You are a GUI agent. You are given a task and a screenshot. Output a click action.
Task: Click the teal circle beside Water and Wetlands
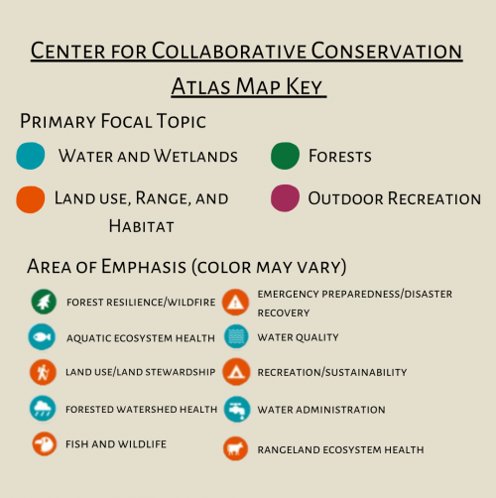coord(30,157)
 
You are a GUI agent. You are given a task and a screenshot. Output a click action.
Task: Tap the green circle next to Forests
coord(284,157)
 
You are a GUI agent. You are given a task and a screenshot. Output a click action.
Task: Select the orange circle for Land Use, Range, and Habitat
coord(30,199)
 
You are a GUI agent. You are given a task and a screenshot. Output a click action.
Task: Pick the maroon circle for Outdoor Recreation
coord(284,198)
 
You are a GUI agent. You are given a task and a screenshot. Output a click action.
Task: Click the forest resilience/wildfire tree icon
coord(42,301)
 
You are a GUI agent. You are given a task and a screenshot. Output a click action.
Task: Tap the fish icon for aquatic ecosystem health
coord(42,337)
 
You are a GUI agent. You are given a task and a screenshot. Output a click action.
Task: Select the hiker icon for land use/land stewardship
coord(42,372)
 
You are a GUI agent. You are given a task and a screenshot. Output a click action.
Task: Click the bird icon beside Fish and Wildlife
coord(42,443)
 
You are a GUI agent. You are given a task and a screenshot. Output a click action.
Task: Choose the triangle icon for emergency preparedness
coord(235,301)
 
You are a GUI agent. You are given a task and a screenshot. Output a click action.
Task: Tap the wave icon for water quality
coord(235,337)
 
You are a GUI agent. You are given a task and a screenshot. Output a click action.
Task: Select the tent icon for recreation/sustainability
coord(235,372)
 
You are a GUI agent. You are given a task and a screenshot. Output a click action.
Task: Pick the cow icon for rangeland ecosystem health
coord(235,448)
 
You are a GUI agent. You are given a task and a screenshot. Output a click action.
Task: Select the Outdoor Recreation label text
coord(394,199)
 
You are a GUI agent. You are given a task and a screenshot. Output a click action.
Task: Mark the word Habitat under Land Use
coord(141,226)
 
